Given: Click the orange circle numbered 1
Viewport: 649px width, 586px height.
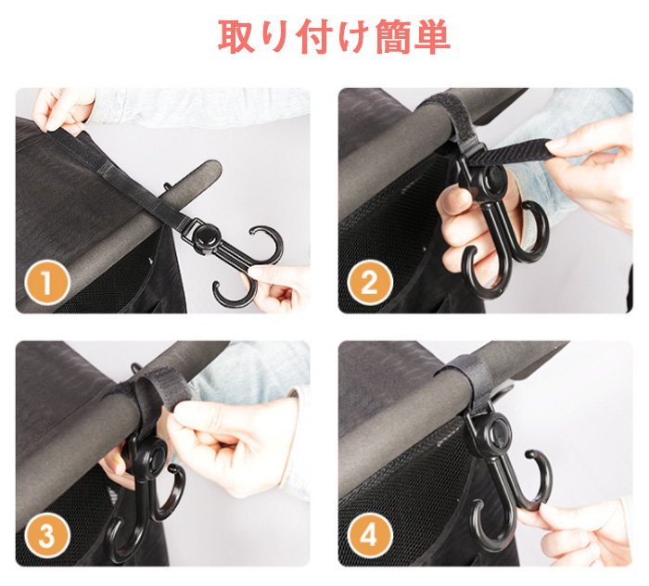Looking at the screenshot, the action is [x=46, y=282].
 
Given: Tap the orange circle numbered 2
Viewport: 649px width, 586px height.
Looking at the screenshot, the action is [x=370, y=282].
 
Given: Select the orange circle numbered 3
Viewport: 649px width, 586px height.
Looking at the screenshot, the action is [x=46, y=536].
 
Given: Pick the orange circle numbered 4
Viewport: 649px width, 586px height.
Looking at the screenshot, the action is [x=370, y=536].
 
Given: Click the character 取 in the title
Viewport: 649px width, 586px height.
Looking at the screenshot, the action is [x=235, y=36].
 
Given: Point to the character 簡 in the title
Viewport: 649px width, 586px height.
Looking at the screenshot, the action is [x=394, y=36].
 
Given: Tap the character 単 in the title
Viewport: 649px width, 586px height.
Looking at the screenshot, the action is [x=433, y=36].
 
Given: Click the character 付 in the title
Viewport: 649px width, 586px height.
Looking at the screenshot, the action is [x=314, y=36].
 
